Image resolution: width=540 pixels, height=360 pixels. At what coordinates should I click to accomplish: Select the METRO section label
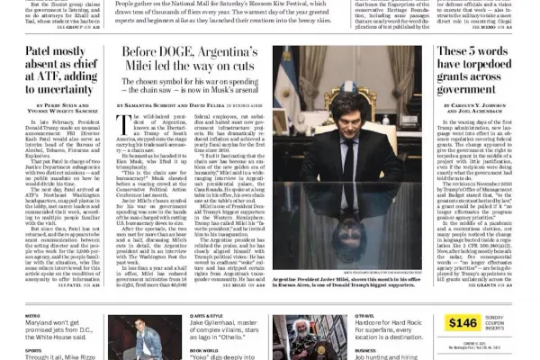[31, 317]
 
